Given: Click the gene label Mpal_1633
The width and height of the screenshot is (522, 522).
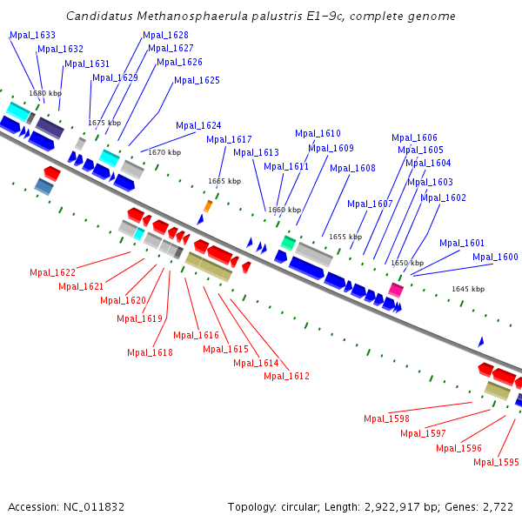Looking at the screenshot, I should point(32,35).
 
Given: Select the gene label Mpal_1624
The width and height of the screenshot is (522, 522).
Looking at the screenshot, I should point(198,125).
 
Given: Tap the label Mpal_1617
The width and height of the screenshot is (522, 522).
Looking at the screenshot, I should point(229,139).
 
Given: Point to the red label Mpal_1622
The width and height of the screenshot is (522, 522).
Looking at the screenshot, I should point(52,272).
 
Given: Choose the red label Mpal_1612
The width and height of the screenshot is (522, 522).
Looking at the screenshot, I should point(286,376).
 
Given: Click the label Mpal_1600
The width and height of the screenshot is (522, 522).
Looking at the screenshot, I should point(495,257).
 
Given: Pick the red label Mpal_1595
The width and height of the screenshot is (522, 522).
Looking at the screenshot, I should point(496,462).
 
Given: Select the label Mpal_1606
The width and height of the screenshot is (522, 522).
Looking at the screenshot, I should point(414,137).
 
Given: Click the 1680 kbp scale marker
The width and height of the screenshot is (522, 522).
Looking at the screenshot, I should point(45,93).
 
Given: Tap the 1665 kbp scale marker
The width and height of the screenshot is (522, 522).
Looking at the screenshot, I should point(224,181).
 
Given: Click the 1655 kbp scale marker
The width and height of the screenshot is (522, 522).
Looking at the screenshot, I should point(345,237).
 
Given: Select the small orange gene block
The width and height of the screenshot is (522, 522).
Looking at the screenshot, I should point(208,205).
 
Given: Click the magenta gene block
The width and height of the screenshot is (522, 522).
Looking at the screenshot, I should point(396,289).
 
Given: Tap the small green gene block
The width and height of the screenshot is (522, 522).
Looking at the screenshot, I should point(288,243).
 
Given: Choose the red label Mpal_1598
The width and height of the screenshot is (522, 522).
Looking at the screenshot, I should point(386,418).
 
